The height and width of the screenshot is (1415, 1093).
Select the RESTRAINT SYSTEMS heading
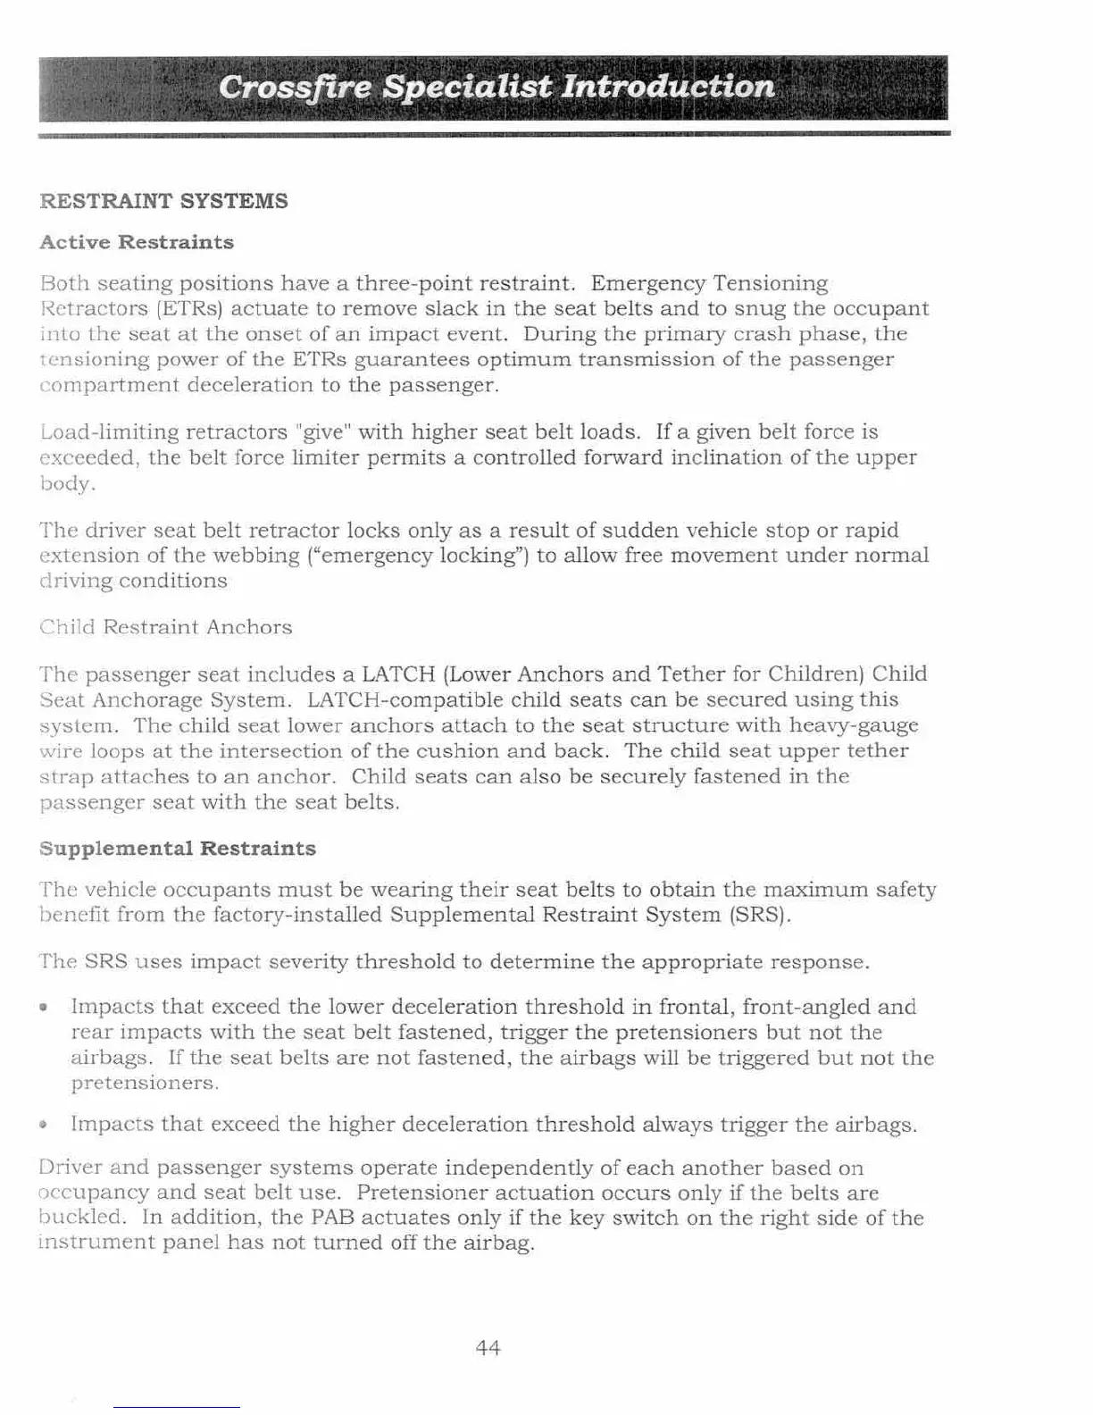coord(164,201)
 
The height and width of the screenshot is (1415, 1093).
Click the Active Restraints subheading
coord(137,243)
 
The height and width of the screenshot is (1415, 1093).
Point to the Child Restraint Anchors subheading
coord(166,627)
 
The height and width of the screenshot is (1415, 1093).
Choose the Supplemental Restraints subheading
coord(178,849)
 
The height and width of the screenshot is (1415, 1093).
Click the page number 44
coord(488,1347)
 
